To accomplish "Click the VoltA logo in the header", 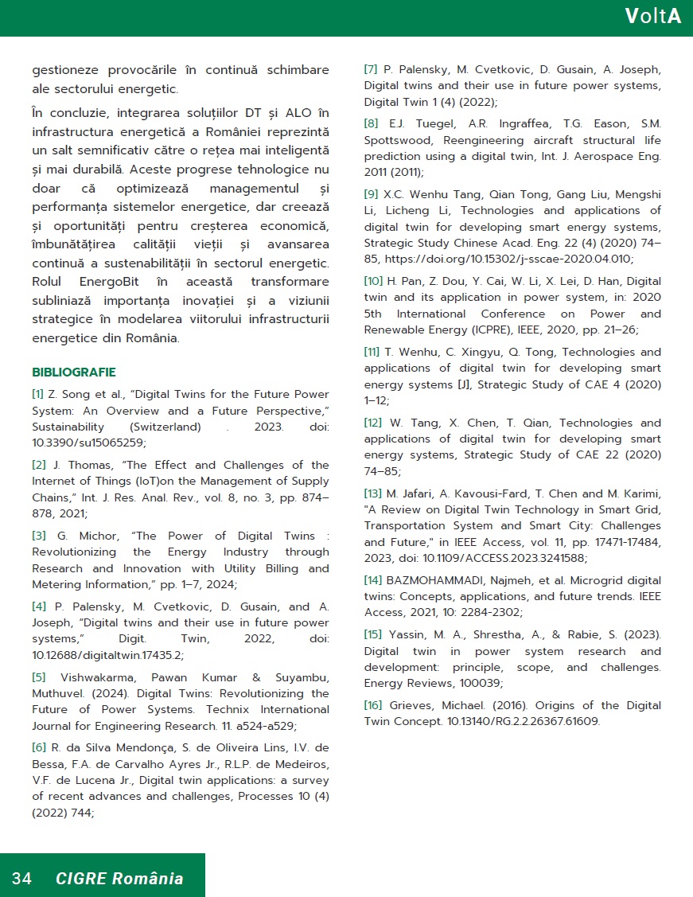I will pyautogui.click(x=652, y=17).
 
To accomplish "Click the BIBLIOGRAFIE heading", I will pyautogui.click(x=74, y=372).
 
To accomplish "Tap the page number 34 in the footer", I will pyautogui.click(x=21, y=879).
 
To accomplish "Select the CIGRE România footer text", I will pyautogui.click(x=119, y=879).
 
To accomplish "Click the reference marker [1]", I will pyautogui.click(x=38, y=394).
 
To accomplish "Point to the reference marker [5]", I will pyautogui.click(x=39, y=677).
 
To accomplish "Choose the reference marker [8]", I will pyautogui.click(x=371, y=123).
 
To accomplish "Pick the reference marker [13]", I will pyautogui.click(x=373, y=493).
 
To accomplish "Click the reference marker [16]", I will pyautogui.click(x=373, y=705).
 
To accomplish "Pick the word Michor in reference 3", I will pyautogui.click(x=80, y=536).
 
